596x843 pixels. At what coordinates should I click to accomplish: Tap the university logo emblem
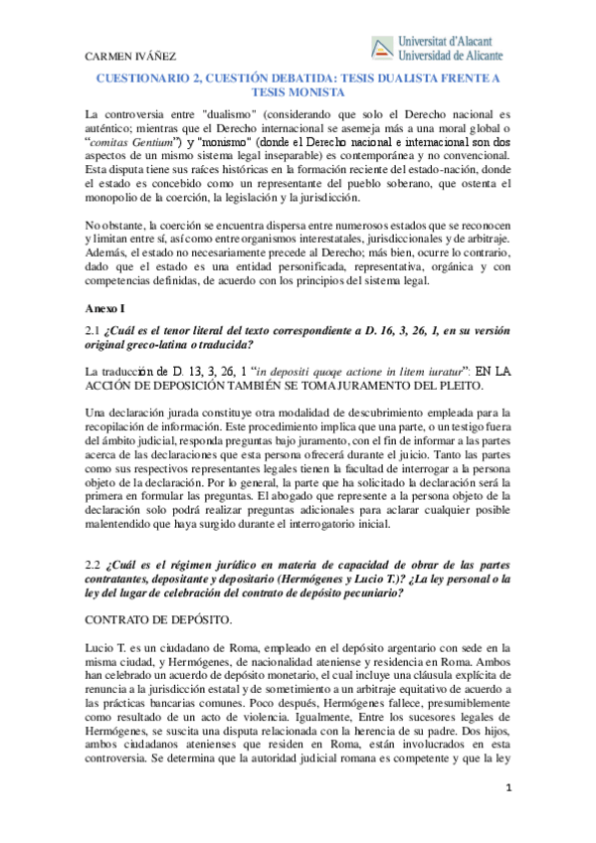[381, 47]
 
